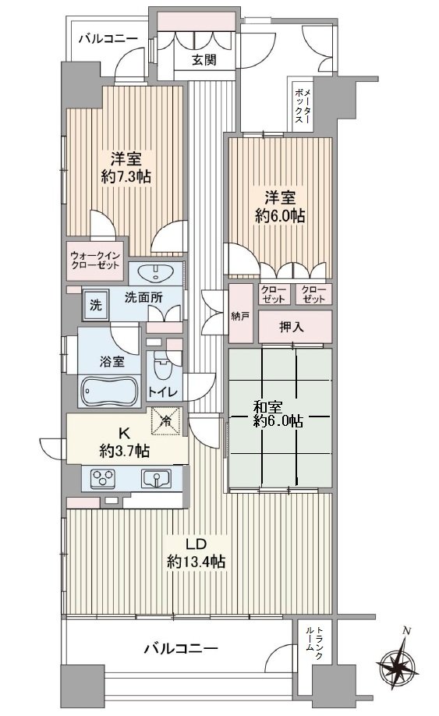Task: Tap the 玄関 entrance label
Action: coord(205,61)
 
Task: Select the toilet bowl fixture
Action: coord(161,366)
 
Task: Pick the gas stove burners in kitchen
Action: coord(104,477)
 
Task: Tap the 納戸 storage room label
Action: coord(240,317)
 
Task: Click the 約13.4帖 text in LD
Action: coord(196,561)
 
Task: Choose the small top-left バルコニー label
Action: coord(108,38)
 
